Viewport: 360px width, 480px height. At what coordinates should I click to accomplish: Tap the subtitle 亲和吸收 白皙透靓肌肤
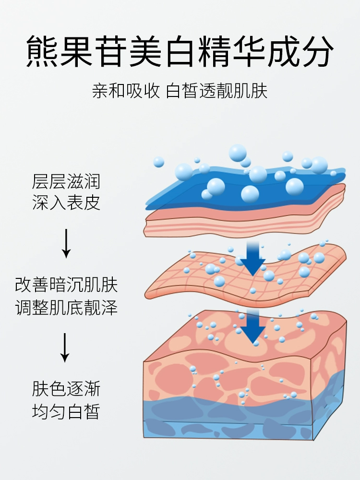180,91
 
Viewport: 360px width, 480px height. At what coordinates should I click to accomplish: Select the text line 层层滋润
66,182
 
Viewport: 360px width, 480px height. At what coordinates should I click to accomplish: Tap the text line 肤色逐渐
66,389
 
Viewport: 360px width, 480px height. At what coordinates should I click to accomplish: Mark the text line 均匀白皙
66,411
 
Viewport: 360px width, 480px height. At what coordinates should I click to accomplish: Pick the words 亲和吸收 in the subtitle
126,91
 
